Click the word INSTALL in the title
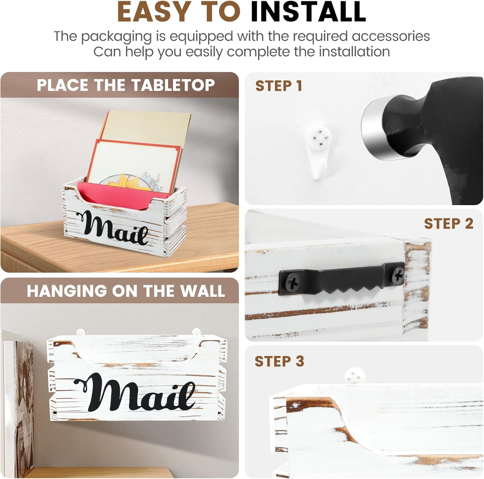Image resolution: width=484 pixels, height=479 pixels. pos(308,12)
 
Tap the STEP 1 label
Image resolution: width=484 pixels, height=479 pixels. pos(279,86)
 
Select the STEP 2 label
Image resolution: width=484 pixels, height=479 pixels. pos(449,224)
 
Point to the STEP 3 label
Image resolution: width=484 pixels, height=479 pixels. pos(279,361)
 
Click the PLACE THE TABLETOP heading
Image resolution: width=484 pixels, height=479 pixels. pos(126,85)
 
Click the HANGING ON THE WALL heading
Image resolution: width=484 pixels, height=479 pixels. pos(126,291)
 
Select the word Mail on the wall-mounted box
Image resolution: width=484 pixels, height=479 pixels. pos(136,392)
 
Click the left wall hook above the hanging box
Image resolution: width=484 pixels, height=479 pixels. pos(80,332)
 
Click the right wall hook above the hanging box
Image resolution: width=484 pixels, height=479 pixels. pos(196,331)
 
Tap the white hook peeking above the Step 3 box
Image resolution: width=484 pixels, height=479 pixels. pos(355,377)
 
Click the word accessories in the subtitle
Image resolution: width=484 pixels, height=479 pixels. pos(390,36)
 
